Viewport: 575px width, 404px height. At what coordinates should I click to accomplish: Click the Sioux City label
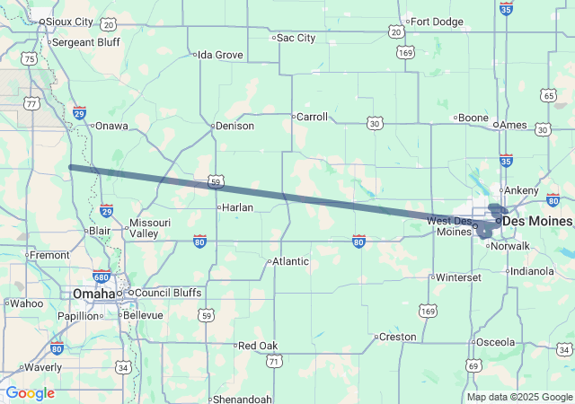(x=69, y=21)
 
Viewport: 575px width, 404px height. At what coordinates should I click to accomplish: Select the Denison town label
(x=234, y=126)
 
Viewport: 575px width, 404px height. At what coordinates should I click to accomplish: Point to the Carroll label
(x=312, y=117)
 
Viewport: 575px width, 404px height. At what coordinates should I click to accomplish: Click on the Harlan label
(x=237, y=207)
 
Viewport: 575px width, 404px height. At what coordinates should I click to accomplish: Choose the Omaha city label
(x=93, y=294)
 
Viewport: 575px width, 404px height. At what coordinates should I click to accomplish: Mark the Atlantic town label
(x=289, y=261)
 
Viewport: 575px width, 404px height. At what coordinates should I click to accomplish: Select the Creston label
(x=397, y=338)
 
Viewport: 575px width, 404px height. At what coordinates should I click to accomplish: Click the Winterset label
(x=458, y=277)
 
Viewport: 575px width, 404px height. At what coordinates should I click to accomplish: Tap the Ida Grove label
(x=220, y=55)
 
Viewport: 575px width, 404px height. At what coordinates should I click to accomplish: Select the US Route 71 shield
(x=273, y=361)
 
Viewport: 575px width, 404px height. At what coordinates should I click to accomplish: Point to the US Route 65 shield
(x=548, y=95)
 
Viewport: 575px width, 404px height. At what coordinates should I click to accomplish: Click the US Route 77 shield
(x=32, y=104)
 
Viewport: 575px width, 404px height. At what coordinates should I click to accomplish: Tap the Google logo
(x=31, y=393)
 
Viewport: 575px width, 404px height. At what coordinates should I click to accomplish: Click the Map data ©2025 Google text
(x=519, y=397)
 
